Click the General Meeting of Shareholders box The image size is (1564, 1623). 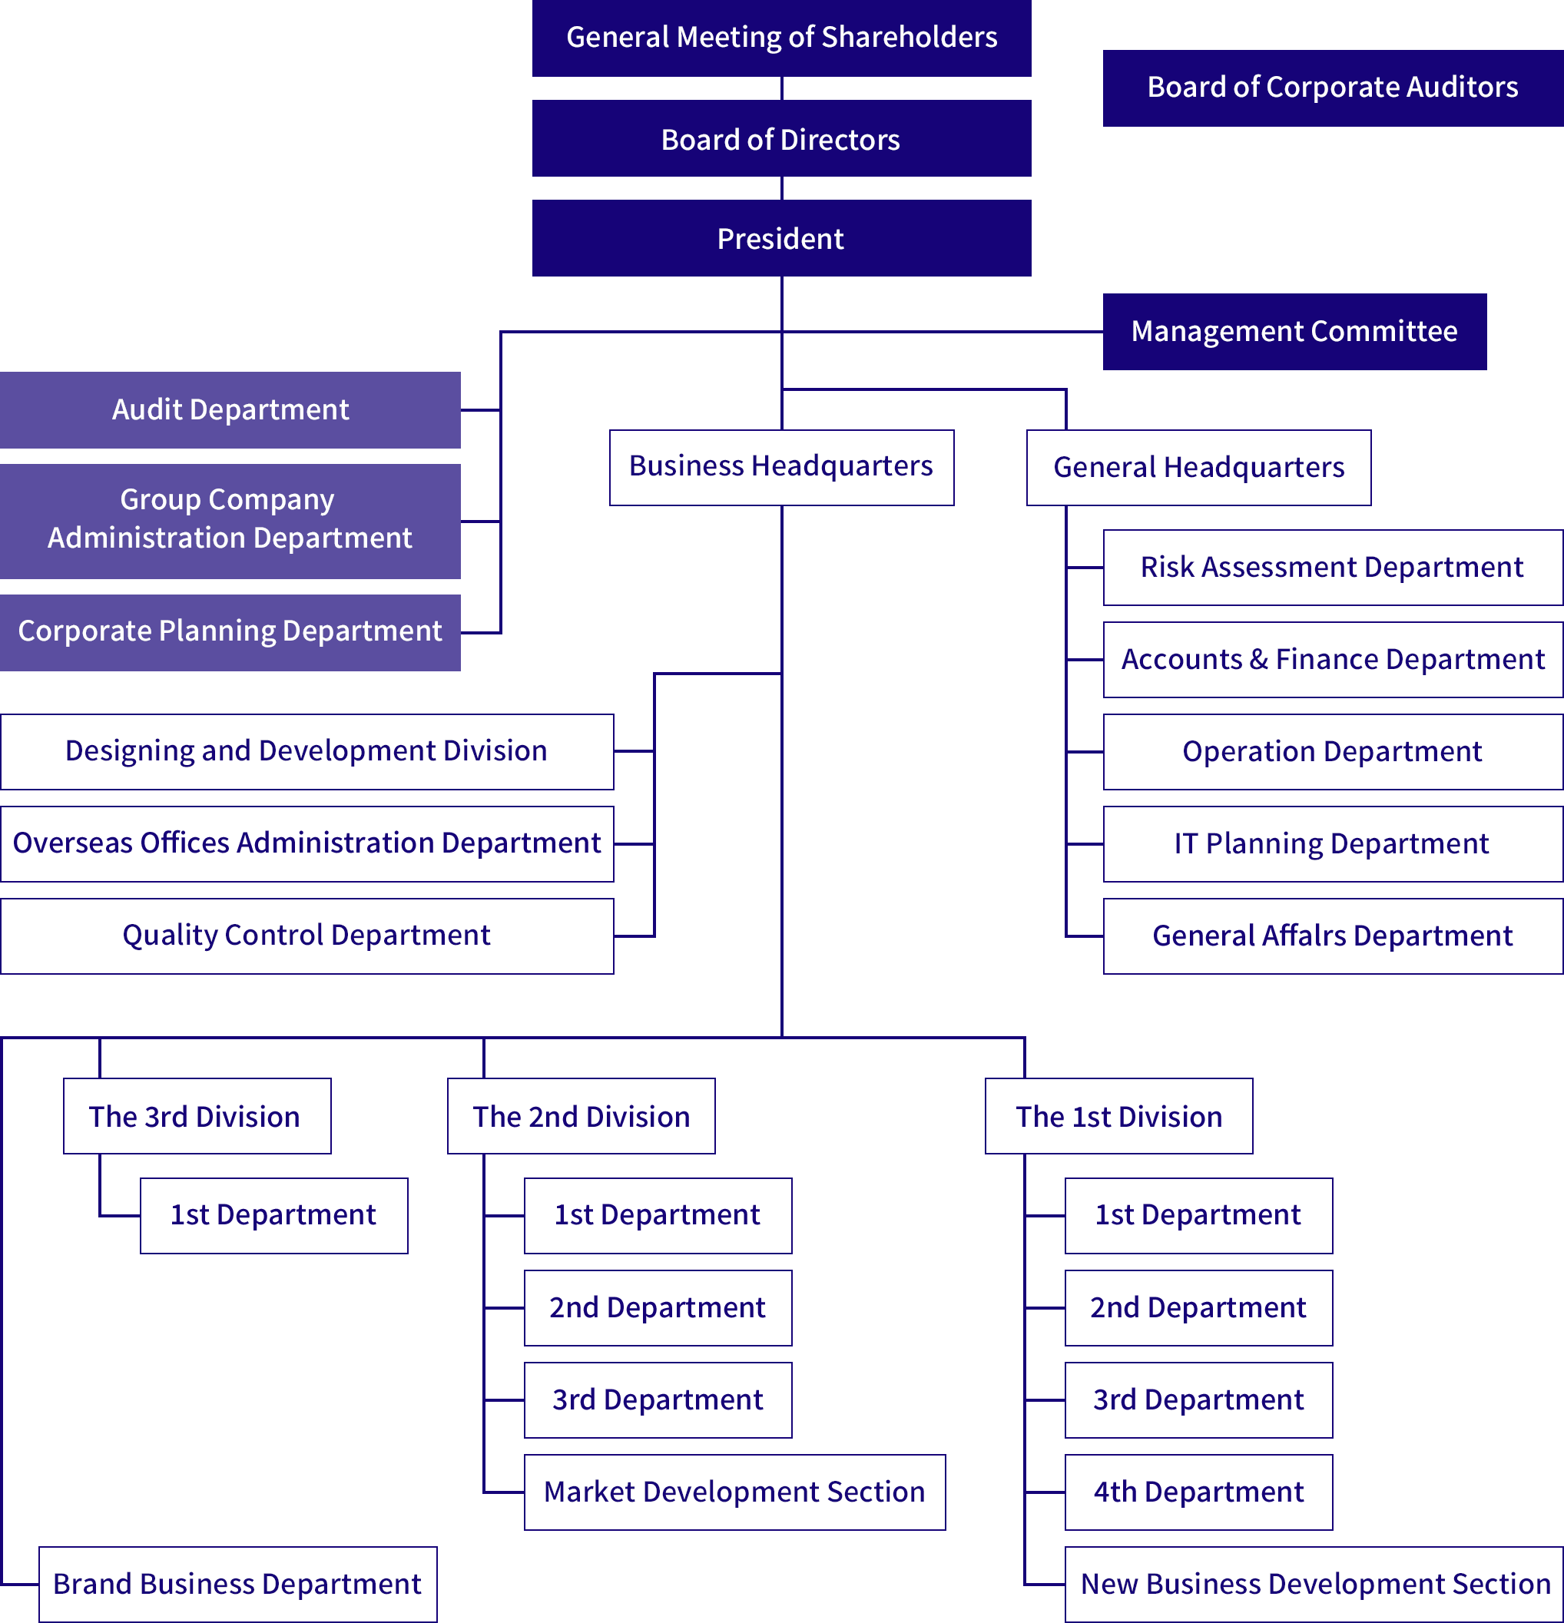tap(781, 38)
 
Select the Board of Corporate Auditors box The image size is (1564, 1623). tap(1331, 88)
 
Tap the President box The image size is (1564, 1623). tap(780, 238)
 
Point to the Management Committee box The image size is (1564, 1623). tap(1294, 331)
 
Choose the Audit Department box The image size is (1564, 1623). tap(230, 410)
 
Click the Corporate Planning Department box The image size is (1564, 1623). tap(230, 632)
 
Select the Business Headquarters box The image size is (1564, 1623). tap(780, 467)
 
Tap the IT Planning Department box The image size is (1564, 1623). tap(1331, 844)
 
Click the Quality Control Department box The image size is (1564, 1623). tap(307, 936)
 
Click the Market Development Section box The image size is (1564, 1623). tap(734, 1492)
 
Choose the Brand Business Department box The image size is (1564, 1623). tap(237, 1584)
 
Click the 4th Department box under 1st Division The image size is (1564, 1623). tap(1198, 1492)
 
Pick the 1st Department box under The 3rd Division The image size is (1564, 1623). tap(273, 1216)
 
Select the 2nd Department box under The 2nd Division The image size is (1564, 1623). tap(658, 1308)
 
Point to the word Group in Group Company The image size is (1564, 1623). tap(160, 500)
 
